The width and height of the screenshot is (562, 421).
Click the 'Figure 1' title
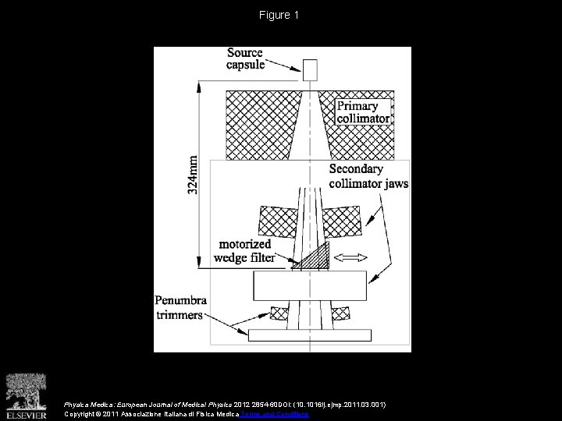click(x=280, y=15)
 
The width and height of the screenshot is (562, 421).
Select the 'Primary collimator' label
click(x=363, y=111)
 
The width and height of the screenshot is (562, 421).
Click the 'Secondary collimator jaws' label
click(x=368, y=176)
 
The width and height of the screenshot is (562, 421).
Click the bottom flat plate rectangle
click(x=310, y=334)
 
